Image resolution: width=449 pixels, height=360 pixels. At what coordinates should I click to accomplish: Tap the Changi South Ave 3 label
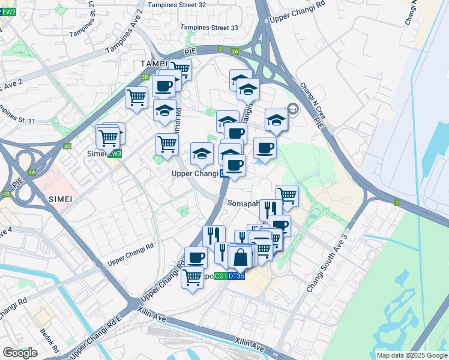click(x=327, y=263)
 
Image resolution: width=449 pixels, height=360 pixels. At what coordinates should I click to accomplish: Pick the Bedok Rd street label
click(x=49, y=340)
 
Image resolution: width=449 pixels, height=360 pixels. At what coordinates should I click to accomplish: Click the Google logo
click(x=20, y=353)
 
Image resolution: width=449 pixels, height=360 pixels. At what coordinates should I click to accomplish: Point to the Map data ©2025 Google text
click(x=412, y=355)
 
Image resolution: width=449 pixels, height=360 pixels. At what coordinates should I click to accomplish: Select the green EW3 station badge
click(x=115, y=154)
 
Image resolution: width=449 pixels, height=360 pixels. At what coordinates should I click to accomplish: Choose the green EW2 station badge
click(x=8, y=11)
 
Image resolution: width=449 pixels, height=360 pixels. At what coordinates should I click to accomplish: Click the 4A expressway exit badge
click(x=32, y=172)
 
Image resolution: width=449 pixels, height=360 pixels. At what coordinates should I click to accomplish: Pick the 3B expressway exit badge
click(x=145, y=77)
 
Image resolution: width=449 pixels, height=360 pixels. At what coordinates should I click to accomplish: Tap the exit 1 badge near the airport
click(x=397, y=203)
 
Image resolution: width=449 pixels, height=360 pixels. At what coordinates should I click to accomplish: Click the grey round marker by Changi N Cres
click(x=292, y=109)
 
